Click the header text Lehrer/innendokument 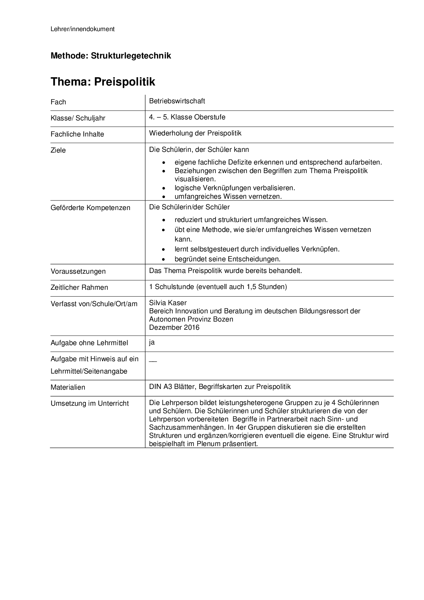[82, 29]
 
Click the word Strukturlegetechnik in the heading [131, 56]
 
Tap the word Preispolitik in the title [124, 82]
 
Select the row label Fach [58, 102]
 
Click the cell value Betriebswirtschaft [177, 101]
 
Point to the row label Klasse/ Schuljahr [78, 118]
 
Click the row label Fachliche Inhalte [77, 134]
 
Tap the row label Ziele [58, 150]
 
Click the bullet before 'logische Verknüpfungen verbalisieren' [165, 188]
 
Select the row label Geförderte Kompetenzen [90, 208]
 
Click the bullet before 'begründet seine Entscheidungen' [165, 259]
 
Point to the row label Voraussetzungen [78, 271]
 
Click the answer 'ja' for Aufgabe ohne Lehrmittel [152, 342]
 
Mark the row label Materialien [68, 387]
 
